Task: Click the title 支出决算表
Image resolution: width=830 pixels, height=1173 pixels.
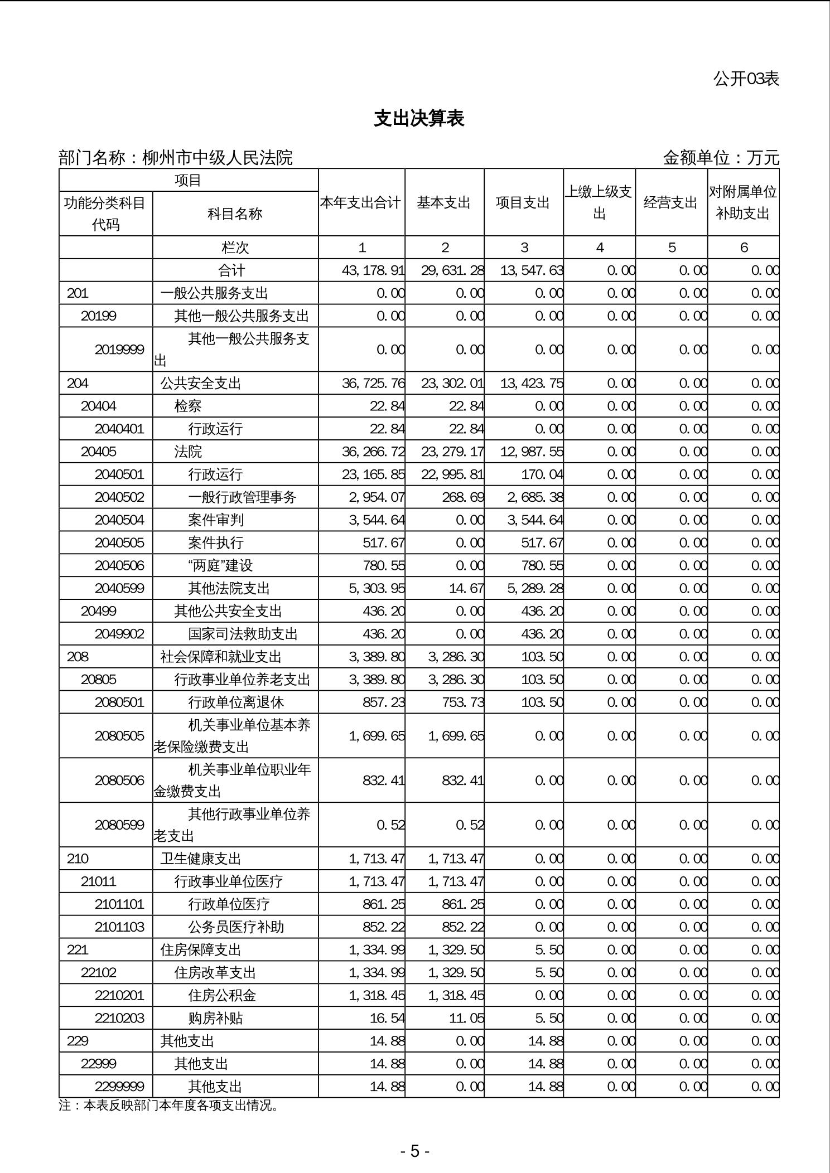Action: [x=419, y=118]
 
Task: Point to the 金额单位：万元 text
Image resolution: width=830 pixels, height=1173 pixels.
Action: [x=720, y=158]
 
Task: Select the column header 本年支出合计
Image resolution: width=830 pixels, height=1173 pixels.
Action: [x=361, y=202]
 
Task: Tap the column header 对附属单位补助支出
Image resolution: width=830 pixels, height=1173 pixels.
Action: [x=742, y=202]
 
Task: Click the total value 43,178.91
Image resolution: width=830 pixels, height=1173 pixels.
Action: [x=373, y=270]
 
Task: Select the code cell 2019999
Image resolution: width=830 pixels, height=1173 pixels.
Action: [x=119, y=350]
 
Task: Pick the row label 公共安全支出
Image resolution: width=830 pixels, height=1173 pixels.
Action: [x=201, y=384]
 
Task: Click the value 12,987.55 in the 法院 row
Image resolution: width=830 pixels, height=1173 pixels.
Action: [x=532, y=452]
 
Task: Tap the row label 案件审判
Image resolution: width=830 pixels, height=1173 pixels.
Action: [x=216, y=520]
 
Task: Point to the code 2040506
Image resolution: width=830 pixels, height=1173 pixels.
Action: [x=119, y=565]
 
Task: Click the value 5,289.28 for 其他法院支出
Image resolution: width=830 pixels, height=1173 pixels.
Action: [x=535, y=588]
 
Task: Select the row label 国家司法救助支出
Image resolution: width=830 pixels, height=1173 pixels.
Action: [x=243, y=634]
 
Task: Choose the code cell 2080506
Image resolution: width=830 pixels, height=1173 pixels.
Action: [x=119, y=780]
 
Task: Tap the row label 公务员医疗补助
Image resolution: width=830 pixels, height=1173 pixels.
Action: [x=236, y=927]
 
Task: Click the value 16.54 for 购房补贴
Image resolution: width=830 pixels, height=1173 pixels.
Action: [x=387, y=1018]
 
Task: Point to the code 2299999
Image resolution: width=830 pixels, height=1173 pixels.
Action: [x=119, y=1086]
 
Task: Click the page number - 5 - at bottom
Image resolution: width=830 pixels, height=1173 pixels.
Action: [x=414, y=1151]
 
